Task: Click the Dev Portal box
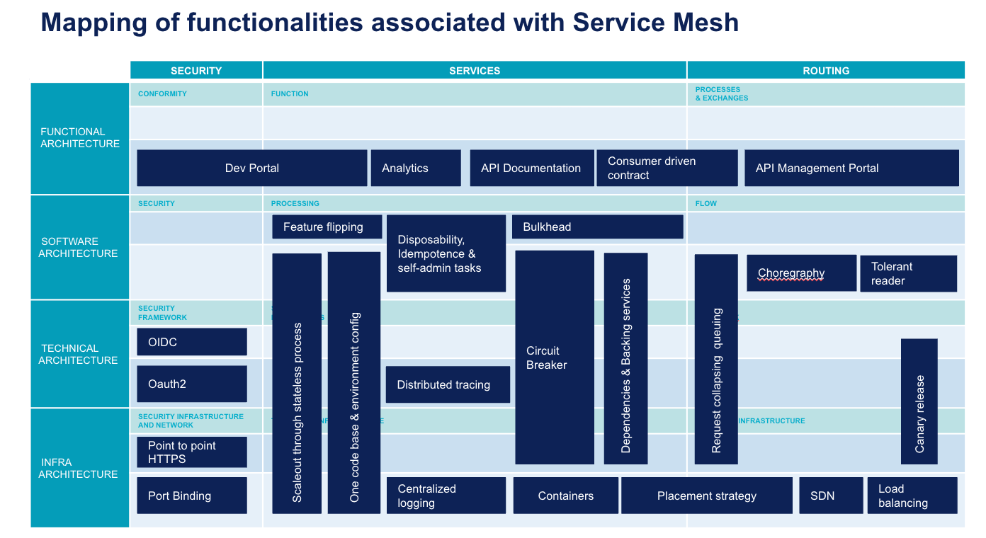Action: click(x=251, y=168)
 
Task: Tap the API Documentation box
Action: click(x=531, y=168)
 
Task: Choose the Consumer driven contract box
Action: click(x=667, y=168)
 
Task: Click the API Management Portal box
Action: click(x=851, y=168)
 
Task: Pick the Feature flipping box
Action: click(x=327, y=227)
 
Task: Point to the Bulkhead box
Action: click(x=597, y=227)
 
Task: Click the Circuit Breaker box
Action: click(x=554, y=357)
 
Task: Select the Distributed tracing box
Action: click(x=448, y=384)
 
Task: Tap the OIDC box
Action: click(x=192, y=342)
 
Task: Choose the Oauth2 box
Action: click(x=192, y=384)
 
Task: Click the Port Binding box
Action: click(x=192, y=496)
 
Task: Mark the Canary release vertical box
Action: click(x=919, y=401)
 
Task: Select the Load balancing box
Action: click(x=912, y=496)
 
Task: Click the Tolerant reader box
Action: click(x=908, y=273)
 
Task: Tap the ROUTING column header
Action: click(x=826, y=70)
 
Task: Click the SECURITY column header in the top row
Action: click(x=196, y=70)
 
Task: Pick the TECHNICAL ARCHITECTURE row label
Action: click(x=79, y=354)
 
